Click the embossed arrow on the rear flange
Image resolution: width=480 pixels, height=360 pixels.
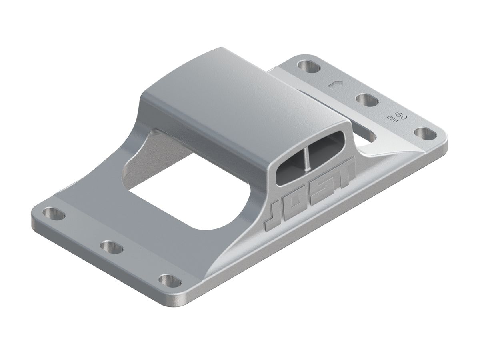(335, 84)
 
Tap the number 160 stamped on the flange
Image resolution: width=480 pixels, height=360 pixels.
(401, 112)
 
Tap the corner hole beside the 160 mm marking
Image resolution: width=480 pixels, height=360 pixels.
(424, 133)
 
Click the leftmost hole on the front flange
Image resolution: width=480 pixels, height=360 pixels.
(54, 214)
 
